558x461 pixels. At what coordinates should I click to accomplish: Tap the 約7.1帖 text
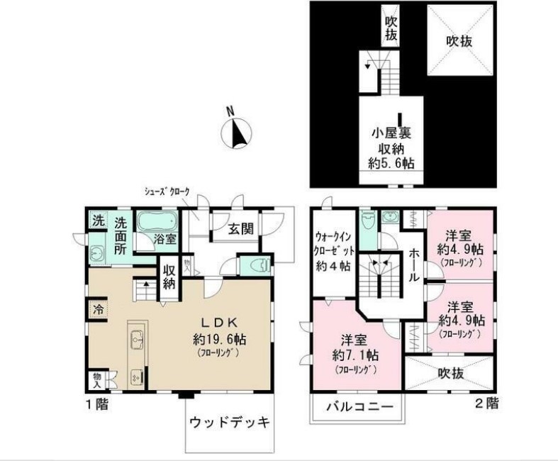(355, 355)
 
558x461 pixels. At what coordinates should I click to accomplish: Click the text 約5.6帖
(395, 162)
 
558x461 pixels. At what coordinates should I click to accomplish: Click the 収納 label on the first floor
(169, 277)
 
